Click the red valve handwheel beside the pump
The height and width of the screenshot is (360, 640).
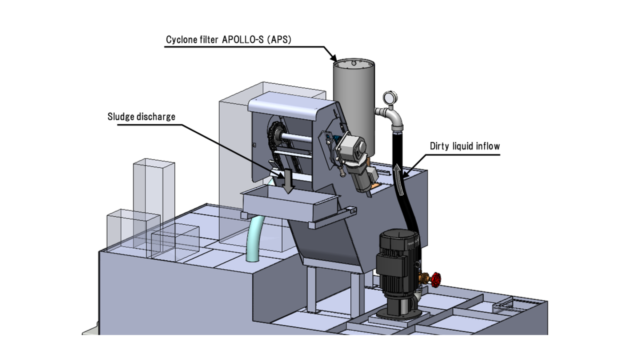coord(436,278)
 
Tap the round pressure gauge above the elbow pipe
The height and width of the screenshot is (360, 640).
coord(389,98)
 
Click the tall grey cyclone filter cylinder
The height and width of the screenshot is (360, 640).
coord(353,101)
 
